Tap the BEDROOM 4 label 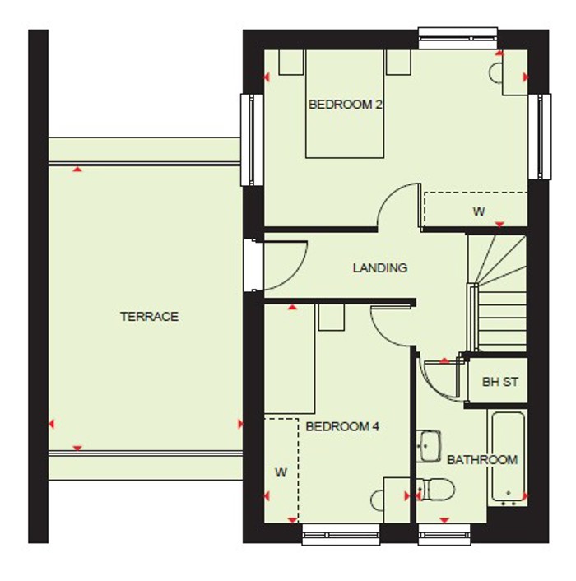(342, 427)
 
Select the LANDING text (380, 268)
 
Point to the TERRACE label (149, 317)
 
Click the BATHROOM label (482, 460)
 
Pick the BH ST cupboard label (500, 382)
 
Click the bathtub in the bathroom (509, 457)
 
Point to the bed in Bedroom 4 (290, 362)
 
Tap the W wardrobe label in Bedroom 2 (479, 211)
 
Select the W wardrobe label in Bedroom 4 (281, 472)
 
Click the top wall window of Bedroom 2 (458, 35)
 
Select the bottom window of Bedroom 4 (341, 536)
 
